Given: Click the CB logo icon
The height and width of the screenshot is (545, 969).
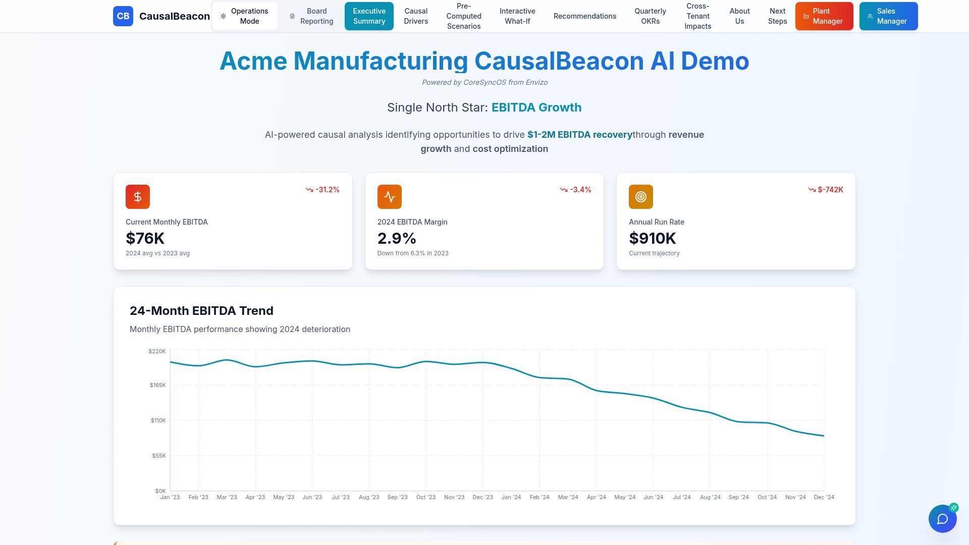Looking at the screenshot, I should pyautogui.click(x=123, y=16).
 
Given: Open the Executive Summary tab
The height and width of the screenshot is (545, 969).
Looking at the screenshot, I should pyautogui.click(x=369, y=16).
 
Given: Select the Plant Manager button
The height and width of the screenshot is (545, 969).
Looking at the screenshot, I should pyautogui.click(x=824, y=16).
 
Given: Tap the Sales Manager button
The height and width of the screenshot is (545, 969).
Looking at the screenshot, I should pyautogui.click(x=888, y=16).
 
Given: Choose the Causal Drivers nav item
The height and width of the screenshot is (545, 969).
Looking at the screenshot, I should pyautogui.click(x=416, y=16).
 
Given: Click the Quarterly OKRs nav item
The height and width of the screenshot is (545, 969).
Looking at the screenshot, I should pyautogui.click(x=650, y=16).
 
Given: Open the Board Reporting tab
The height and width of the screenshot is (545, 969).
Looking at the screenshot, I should pyautogui.click(x=312, y=16).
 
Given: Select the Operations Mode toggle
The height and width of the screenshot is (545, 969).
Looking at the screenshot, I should pyautogui.click(x=245, y=16).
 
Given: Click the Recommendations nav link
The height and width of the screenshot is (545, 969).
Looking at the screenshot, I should pyautogui.click(x=584, y=16).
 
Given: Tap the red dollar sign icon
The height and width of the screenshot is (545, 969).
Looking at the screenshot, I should pyautogui.click(x=138, y=197).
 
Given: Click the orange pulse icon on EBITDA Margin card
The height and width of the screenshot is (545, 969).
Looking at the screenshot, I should pyautogui.click(x=389, y=197).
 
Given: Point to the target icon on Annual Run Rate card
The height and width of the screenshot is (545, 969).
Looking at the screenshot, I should pyautogui.click(x=640, y=197).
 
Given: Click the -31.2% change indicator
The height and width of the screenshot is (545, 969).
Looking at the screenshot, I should pyautogui.click(x=322, y=190).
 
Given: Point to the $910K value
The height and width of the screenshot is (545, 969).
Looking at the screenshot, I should pyautogui.click(x=652, y=238).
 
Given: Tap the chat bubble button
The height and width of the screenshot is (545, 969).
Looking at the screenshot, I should pyautogui.click(x=942, y=519).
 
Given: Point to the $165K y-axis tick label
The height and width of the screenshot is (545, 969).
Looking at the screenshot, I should pyautogui.click(x=157, y=385).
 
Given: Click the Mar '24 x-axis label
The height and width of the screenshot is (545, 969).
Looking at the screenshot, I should pyautogui.click(x=568, y=497).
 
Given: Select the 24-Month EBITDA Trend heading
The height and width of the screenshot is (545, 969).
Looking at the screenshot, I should pyautogui.click(x=201, y=311).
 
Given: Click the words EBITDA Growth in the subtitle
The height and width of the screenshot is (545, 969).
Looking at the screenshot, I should pyautogui.click(x=536, y=107).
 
